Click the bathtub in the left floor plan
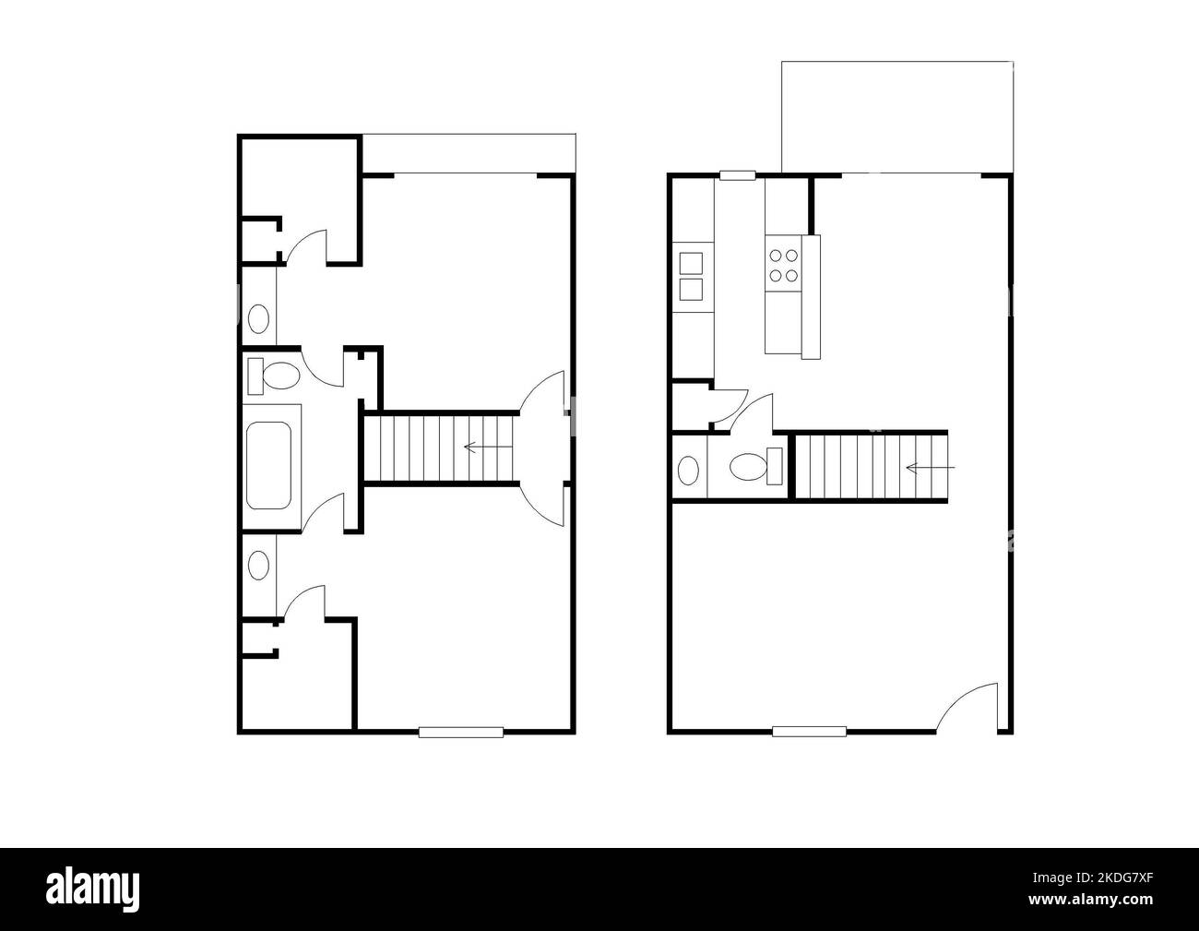point(270,465)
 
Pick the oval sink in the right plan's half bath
point(688,470)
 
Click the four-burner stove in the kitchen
point(784,265)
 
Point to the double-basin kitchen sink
point(691,277)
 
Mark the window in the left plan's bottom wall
point(461,732)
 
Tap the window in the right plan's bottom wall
point(809,732)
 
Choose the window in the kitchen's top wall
point(738,174)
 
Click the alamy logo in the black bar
point(94,888)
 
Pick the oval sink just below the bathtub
point(259,565)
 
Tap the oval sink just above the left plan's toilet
point(259,319)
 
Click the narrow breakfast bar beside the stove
point(811,296)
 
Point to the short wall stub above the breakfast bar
point(812,205)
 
